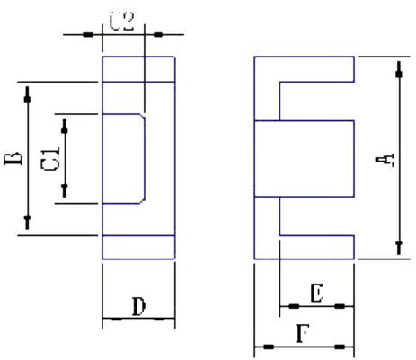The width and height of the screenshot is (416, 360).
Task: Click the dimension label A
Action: [x=385, y=160]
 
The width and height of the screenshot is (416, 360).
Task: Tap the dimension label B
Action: [x=13, y=159]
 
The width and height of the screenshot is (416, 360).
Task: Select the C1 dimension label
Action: [x=50, y=159]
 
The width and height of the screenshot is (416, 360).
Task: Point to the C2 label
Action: [x=121, y=22]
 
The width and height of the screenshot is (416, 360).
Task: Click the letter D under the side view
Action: [x=139, y=306]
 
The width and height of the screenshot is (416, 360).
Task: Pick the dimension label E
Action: [x=317, y=294]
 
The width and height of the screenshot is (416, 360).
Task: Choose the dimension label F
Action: [x=303, y=334]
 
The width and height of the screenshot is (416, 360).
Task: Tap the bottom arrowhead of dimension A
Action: [x=399, y=247]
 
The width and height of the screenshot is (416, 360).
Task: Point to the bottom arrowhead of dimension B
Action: [x=28, y=223]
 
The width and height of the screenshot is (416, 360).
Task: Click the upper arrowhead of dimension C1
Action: [x=65, y=127]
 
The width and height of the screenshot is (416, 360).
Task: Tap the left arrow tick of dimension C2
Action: [x=88, y=35]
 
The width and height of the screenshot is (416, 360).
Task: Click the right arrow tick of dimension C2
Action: [x=158, y=35]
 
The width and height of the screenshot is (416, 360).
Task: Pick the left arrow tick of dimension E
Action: [x=294, y=306]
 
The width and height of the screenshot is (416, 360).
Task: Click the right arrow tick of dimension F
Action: [x=340, y=347]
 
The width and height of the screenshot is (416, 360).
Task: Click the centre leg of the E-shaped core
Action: [x=305, y=159]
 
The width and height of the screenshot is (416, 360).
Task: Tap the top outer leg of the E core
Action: [x=317, y=69]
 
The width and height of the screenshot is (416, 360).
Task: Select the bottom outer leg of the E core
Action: [x=317, y=247]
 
